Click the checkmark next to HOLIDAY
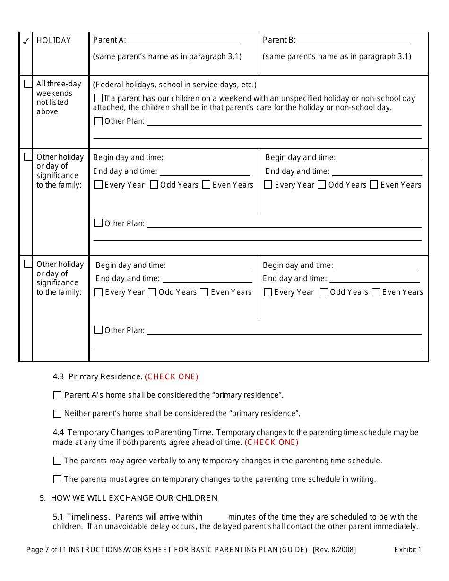click(x=26, y=41)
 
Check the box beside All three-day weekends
click(x=28, y=84)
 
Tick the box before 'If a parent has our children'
click(x=98, y=98)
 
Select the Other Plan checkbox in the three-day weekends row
click(x=98, y=121)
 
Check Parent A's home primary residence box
click(x=58, y=395)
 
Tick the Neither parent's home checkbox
click(x=58, y=414)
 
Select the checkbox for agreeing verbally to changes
click(x=58, y=461)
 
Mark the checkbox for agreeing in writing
click(x=58, y=479)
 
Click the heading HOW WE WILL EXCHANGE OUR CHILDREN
click(x=134, y=498)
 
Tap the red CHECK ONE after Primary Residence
click(x=172, y=376)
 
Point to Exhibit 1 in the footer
click(x=407, y=549)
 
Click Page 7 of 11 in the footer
click(x=46, y=549)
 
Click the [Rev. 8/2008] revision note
click(x=334, y=549)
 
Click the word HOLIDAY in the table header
click(x=53, y=41)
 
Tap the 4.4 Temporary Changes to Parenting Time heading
click(x=133, y=432)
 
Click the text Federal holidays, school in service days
click(x=175, y=85)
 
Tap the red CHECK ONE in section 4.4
click(x=271, y=442)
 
